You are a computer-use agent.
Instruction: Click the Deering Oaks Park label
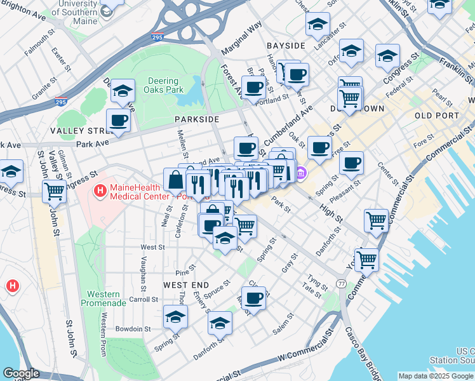165,86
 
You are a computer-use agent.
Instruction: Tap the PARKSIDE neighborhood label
197,119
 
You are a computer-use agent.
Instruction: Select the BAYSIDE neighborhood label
286,46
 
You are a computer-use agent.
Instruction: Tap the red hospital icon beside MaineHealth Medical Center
100,190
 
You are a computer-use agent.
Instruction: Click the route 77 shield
342,283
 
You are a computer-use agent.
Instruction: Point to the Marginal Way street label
241,39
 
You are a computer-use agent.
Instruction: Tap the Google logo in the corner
21,373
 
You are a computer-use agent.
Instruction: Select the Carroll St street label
139,299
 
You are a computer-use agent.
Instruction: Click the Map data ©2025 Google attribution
436,376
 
